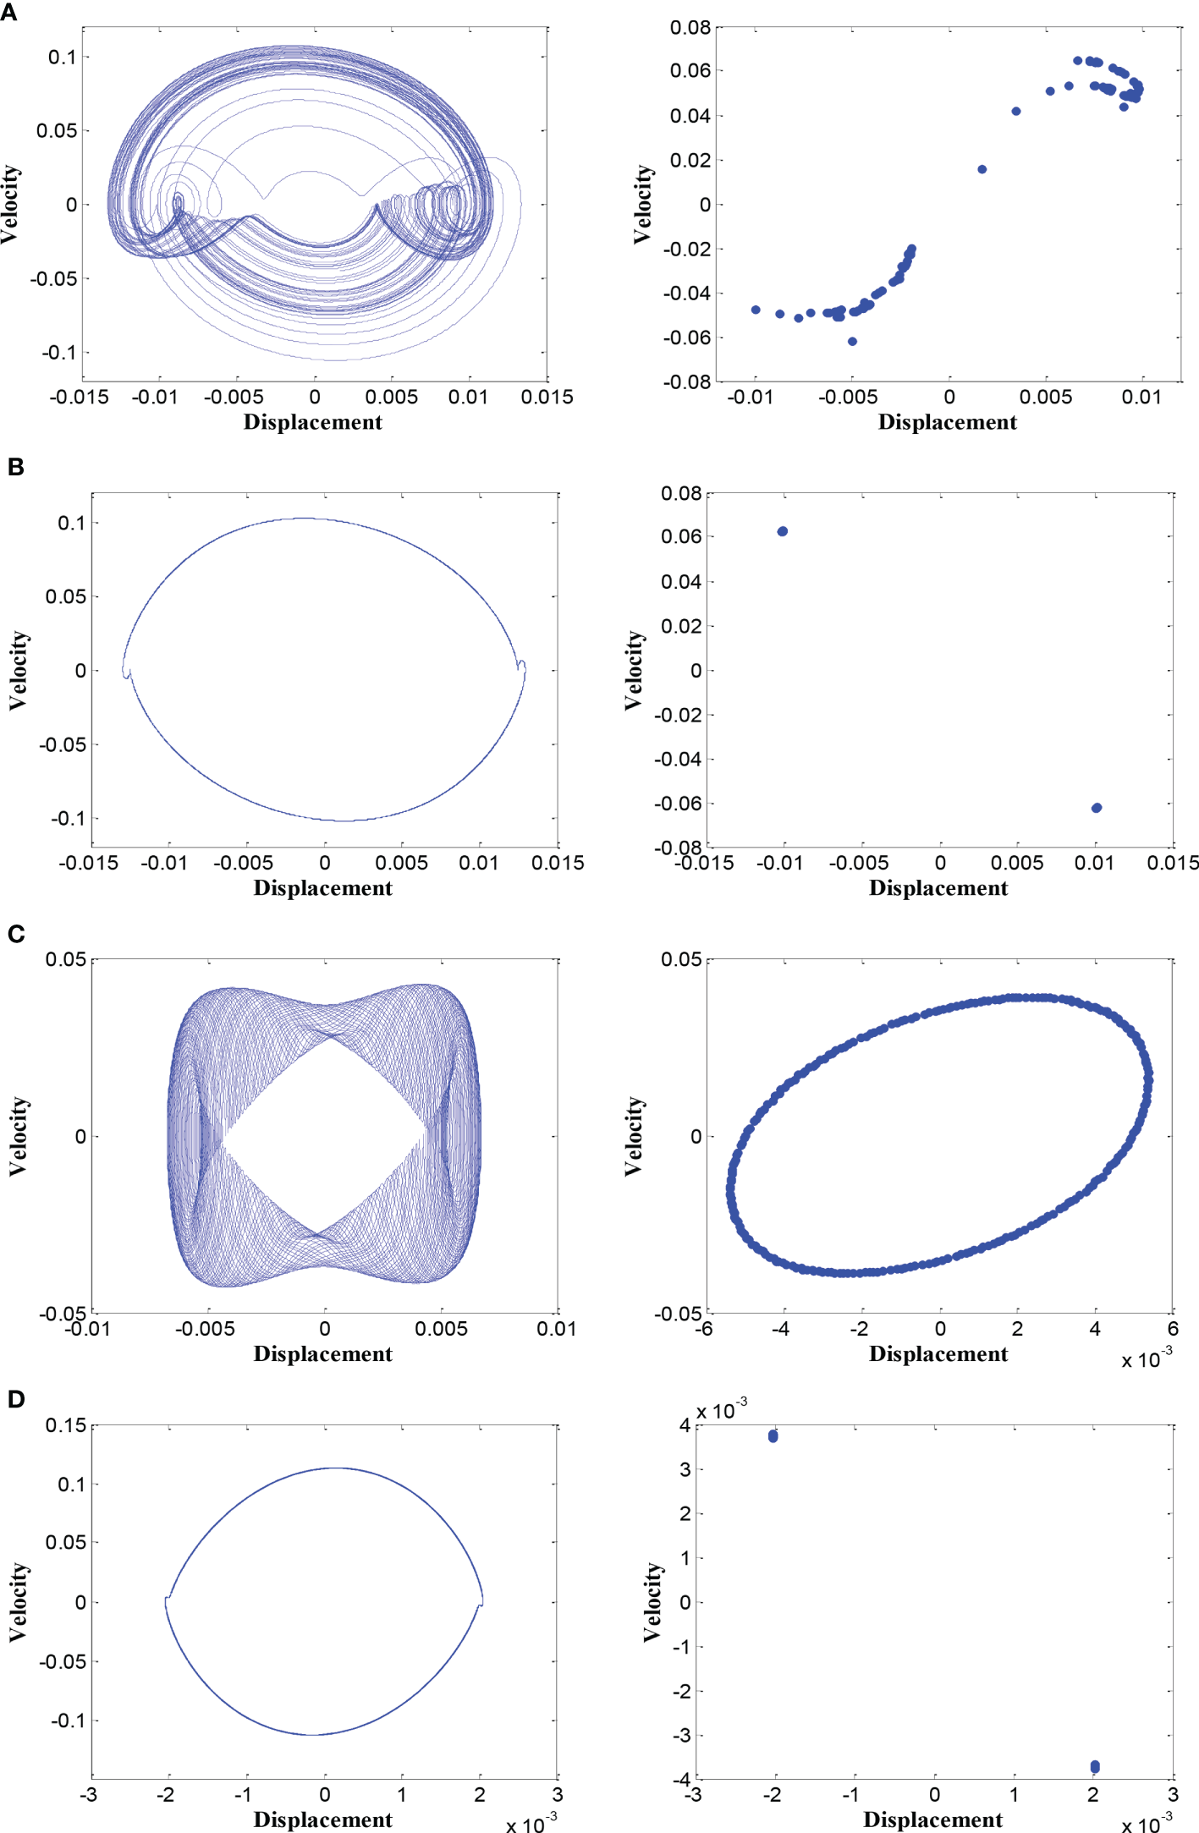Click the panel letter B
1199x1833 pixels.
15,466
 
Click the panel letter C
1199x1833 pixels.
15,933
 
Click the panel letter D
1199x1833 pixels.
15,1398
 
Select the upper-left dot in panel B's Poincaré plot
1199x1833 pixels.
783,531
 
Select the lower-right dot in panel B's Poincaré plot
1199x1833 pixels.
1097,808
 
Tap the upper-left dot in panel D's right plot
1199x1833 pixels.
773,1436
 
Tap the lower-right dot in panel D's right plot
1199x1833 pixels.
1095,1766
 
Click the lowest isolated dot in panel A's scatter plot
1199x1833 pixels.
852,342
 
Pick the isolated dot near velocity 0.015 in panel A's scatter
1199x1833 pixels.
982,169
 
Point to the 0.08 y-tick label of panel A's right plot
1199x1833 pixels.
690,28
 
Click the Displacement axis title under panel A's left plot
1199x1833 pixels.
312,422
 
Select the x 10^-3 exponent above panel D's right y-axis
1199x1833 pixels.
721,1410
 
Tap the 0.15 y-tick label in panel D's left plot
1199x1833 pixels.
66,1425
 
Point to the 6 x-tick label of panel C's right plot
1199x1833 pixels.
1173,1329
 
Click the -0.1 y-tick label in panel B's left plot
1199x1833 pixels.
69,819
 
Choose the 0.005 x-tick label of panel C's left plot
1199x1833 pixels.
441,1329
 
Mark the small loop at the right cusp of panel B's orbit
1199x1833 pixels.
522,667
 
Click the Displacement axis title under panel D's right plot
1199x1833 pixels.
932,1819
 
